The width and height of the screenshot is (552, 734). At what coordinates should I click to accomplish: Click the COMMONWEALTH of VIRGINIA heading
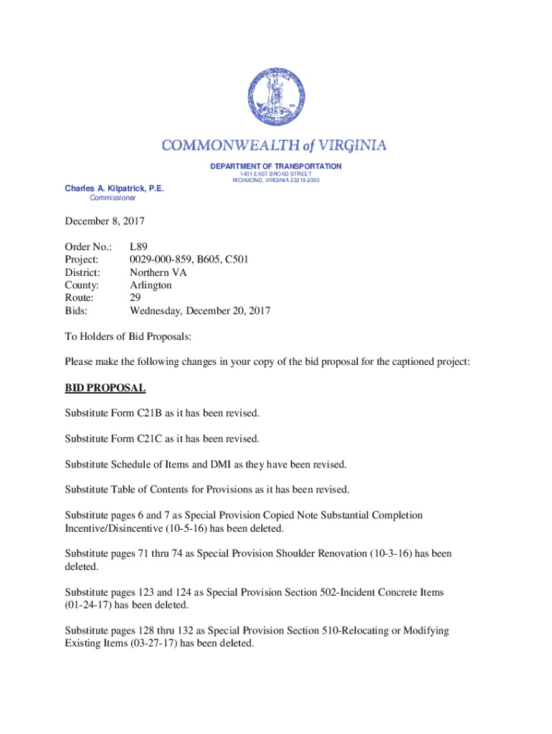275,146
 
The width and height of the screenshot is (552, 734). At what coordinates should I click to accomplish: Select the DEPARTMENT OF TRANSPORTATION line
275,166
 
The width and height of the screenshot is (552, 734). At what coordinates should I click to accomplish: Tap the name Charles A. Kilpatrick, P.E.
115,189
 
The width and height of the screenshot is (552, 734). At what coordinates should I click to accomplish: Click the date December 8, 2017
104,221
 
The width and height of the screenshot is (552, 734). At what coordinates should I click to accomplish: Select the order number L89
138,247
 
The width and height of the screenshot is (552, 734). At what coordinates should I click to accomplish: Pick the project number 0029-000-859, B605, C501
189,259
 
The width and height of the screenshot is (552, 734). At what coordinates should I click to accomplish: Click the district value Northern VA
159,272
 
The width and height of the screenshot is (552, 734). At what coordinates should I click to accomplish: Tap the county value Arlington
151,285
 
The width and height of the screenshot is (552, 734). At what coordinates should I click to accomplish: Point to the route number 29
135,298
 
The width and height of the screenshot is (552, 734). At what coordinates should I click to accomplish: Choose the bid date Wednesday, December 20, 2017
200,311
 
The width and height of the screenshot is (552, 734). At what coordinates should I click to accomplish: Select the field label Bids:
77,311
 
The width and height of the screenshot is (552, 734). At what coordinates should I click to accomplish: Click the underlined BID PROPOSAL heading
105,388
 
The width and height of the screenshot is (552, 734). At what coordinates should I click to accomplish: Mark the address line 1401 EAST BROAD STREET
275,173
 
